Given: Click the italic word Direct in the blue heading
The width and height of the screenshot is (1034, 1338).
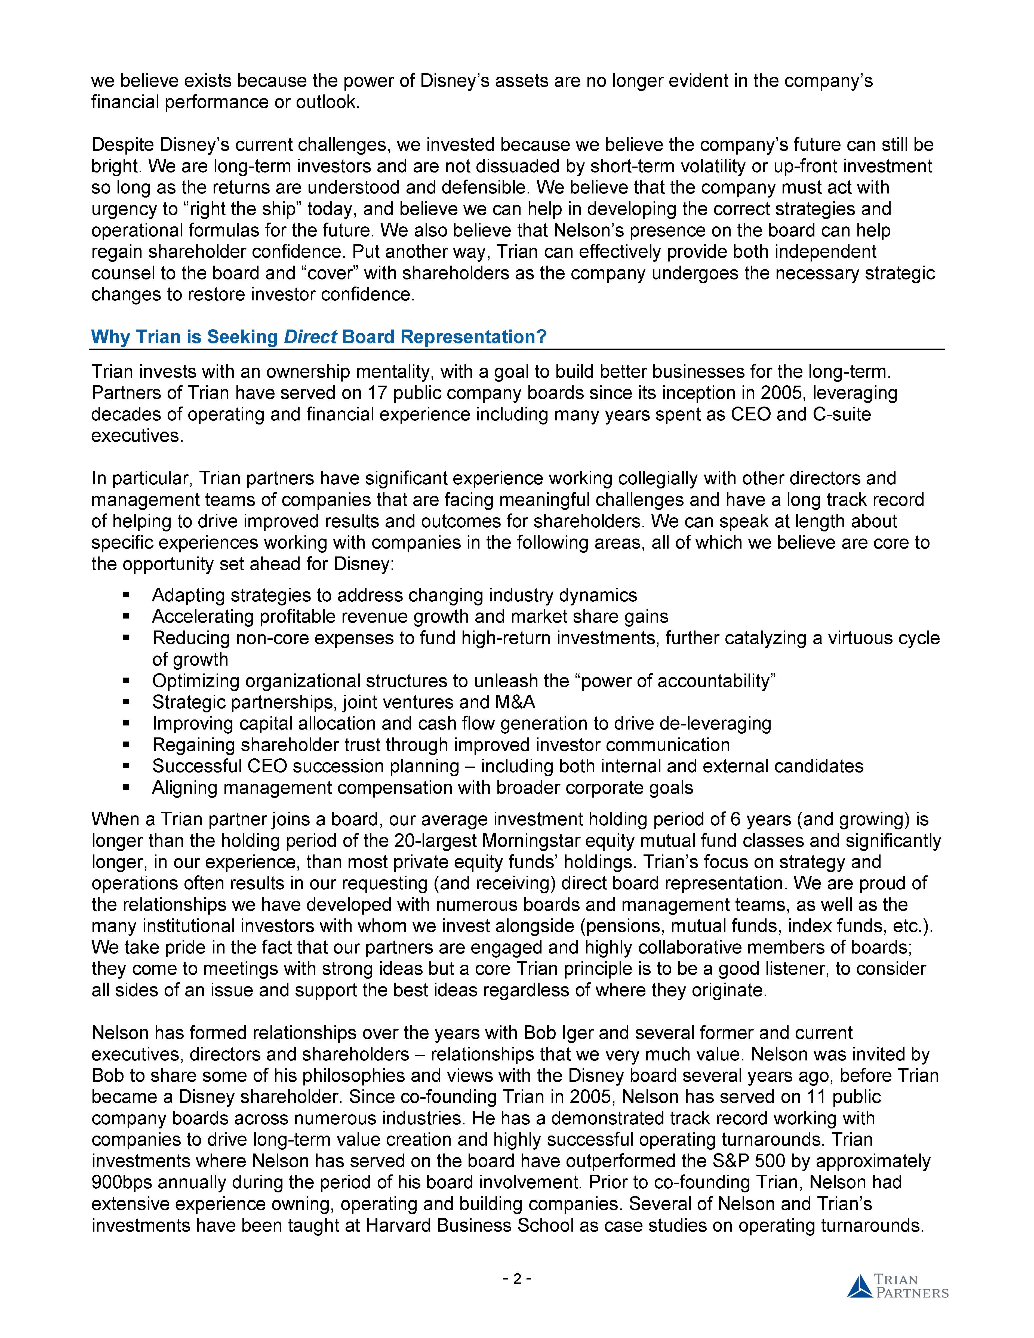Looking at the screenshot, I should (x=310, y=337).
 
